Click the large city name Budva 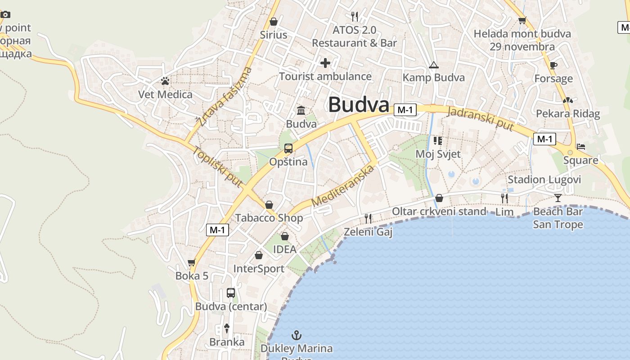tap(358, 105)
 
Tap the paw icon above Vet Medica tap(165, 81)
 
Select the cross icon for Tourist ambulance tap(325, 63)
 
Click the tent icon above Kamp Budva tap(433, 65)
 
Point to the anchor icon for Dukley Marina tap(296, 335)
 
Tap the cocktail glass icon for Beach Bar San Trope tap(558, 198)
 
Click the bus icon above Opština tap(288, 148)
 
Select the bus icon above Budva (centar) tap(231, 293)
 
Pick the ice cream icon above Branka tap(227, 328)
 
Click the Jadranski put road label tap(481, 118)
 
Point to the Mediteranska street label tap(342, 185)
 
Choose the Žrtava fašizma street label tap(224, 97)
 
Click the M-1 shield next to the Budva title tap(405, 110)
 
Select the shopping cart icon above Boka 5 tap(192, 262)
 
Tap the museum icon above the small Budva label tap(301, 110)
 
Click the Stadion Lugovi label tap(544, 180)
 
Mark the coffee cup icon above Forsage tap(553, 65)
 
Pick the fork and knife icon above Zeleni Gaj tap(368, 219)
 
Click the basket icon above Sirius tap(273, 22)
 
